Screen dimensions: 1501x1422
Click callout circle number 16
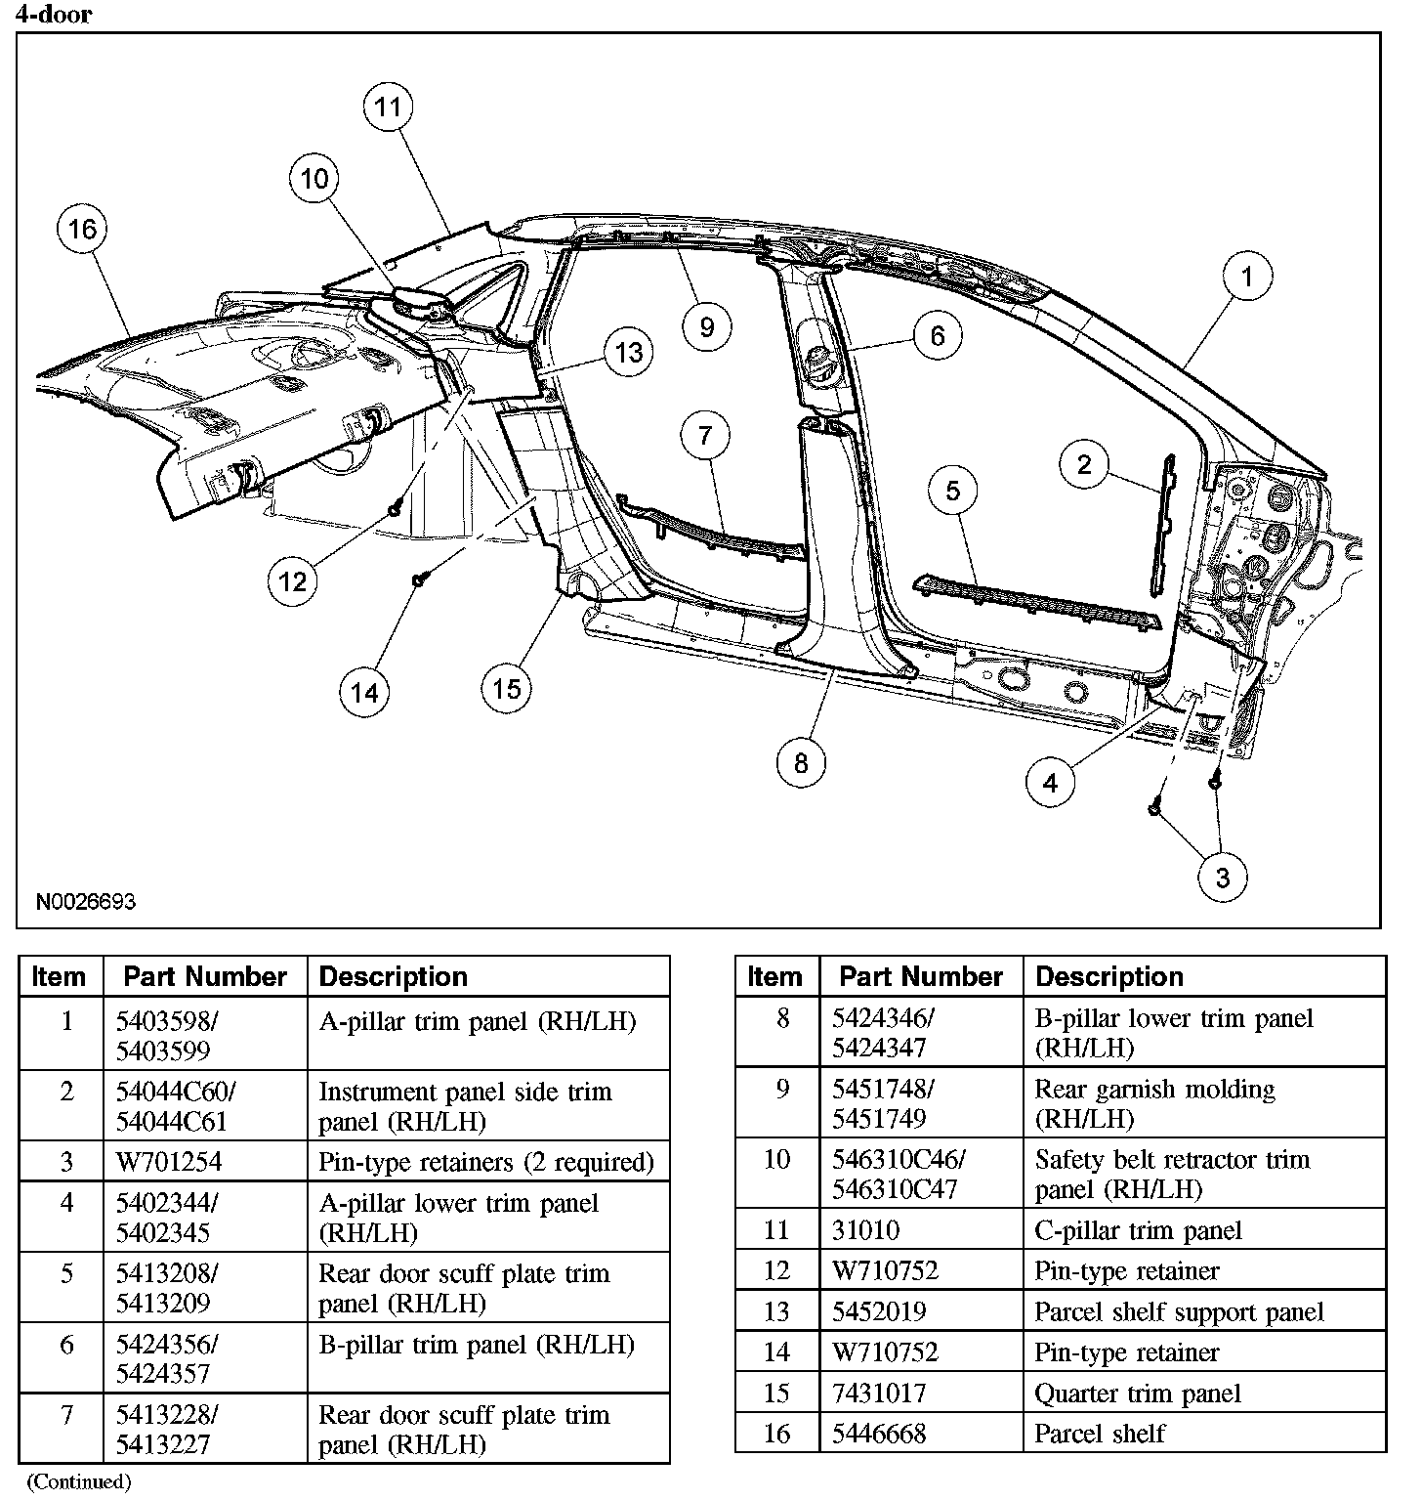point(83,230)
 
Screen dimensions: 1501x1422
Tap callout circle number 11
point(389,107)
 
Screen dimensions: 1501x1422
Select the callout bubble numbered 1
point(1246,277)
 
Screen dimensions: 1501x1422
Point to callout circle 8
point(802,763)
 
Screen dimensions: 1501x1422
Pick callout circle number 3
point(1224,878)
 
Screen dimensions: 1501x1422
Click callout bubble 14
point(364,693)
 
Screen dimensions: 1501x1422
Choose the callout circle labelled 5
point(953,491)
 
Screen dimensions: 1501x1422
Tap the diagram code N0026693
point(86,901)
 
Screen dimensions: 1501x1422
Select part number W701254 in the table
point(169,1162)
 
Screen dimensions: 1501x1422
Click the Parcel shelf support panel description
point(1179,1312)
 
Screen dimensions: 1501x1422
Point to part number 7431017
point(879,1394)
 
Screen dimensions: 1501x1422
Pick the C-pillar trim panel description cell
point(1138,1231)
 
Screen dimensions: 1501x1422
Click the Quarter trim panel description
point(1138,1394)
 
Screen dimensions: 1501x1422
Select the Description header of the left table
point(394,977)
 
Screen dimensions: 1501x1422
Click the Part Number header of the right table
point(921,977)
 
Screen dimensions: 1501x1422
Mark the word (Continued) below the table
point(78,1481)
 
